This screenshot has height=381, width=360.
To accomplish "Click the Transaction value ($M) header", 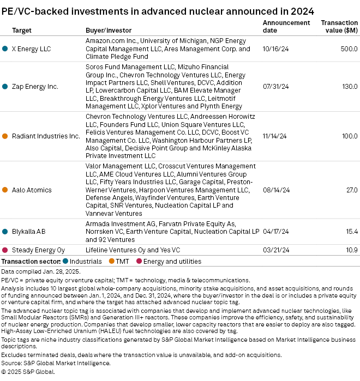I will point(339,26).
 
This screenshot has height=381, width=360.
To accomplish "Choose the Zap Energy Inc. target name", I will point(35,86).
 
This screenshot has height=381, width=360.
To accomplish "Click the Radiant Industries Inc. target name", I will point(46,136).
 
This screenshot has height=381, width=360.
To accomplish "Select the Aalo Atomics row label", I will point(32,190).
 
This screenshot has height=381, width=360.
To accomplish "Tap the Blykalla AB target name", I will point(28,231).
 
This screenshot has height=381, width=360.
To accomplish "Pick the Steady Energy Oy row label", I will point(38,250).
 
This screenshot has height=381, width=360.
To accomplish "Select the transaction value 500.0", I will point(349,49).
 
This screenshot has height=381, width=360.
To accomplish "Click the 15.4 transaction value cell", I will point(352,231).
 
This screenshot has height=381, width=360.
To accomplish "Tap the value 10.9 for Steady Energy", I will point(352,250).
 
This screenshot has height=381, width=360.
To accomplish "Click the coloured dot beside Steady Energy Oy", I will point(5,250).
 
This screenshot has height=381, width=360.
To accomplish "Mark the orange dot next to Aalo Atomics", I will point(5,190).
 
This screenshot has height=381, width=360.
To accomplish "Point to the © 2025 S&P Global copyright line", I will point(28,371).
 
